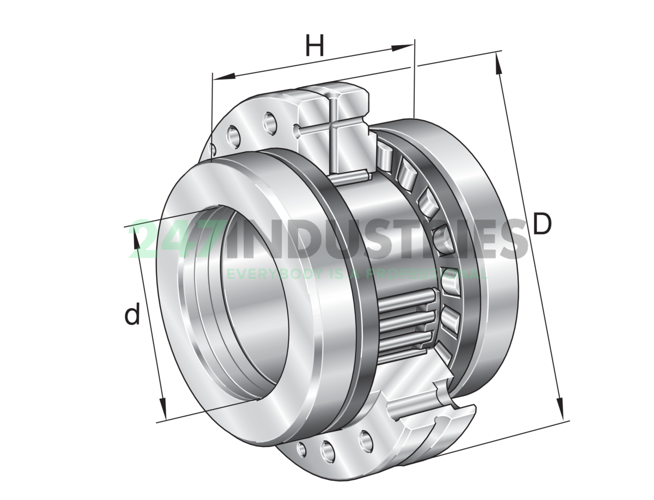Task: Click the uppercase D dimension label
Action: pos(542,224)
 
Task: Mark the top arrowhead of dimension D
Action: pos(498,61)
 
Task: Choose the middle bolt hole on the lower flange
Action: pos(327,449)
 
